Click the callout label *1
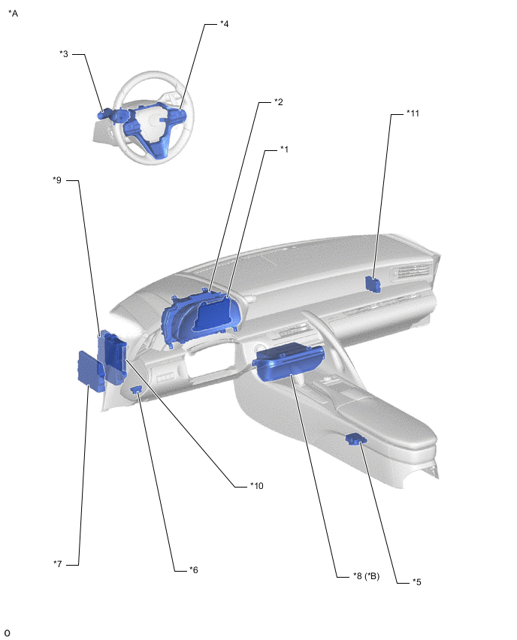click(x=284, y=149)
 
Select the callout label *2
click(x=279, y=101)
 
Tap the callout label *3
click(x=64, y=53)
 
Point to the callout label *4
click(x=224, y=24)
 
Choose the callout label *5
click(x=416, y=581)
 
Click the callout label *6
click(x=194, y=569)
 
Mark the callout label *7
click(x=58, y=563)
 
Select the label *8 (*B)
click(x=366, y=576)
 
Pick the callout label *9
click(x=57, y=180)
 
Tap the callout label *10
click(x=257, y=486)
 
